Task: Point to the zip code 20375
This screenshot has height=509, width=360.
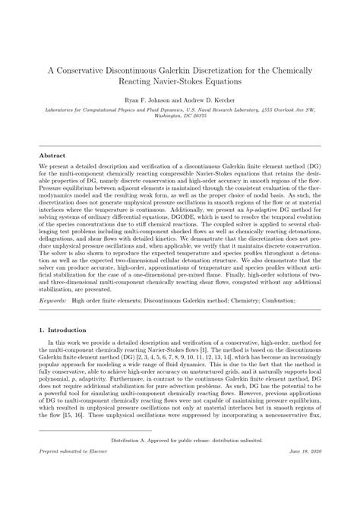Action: tap(196, 117)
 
